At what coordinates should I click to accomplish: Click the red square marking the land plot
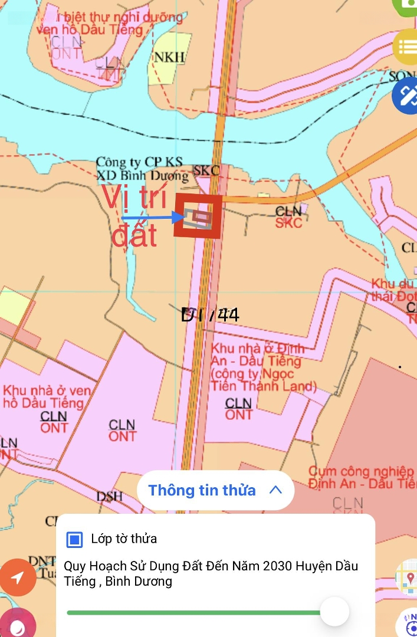(198, 216)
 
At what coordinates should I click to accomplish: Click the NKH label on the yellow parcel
(169, 57)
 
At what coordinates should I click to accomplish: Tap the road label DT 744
(210, 315)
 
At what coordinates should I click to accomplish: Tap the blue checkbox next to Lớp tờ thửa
(74, 539)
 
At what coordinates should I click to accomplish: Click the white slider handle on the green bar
(334, 612)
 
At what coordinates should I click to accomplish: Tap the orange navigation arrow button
(18, 577)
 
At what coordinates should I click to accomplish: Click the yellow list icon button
(406, 47)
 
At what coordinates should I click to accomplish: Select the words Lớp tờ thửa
(124, 539)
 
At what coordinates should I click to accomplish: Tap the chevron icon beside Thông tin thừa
(275, 490)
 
